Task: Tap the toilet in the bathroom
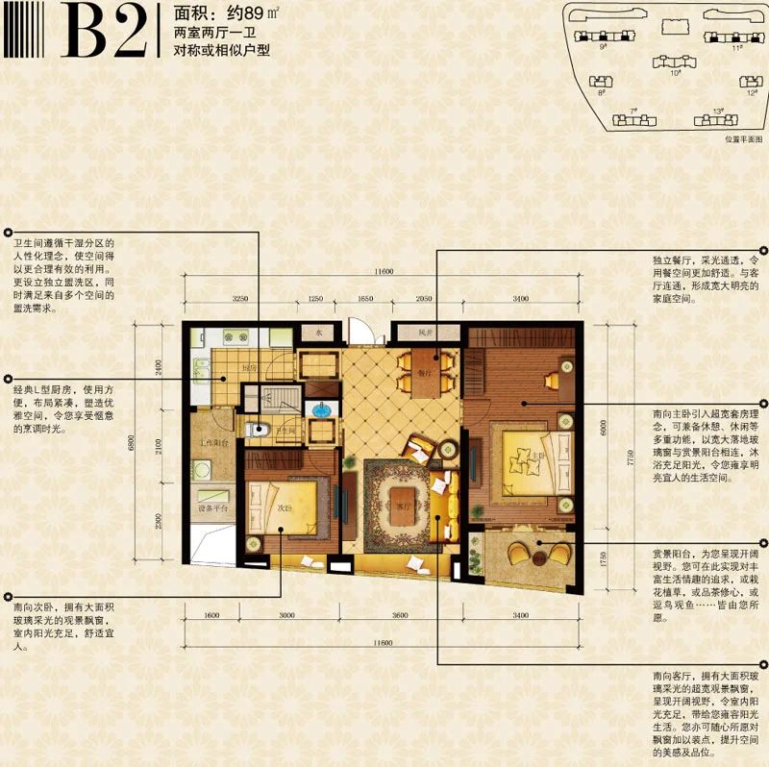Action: (x=251, y=430)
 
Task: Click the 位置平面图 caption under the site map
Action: (x=742, y=138)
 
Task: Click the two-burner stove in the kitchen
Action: (x=235, y=336)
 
